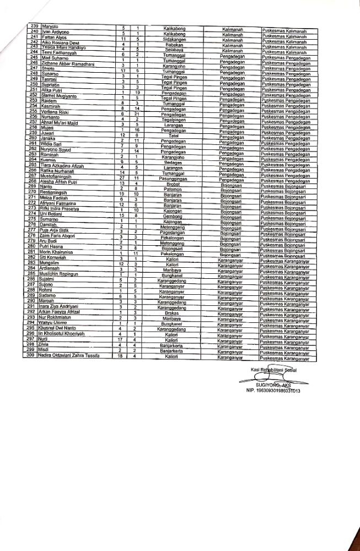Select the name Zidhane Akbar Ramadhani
coord(66,63)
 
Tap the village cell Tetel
coord(174,134)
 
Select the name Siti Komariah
coord(53,257)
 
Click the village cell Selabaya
coord(174,50)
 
